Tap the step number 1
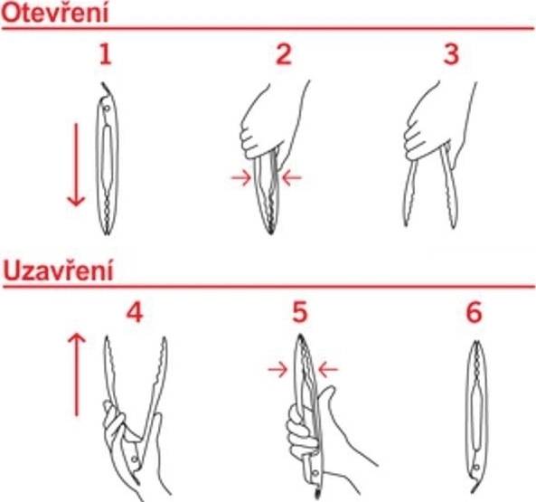click(106, 55)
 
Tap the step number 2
click(283, 55)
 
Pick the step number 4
click(135, 313)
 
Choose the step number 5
click(299, 313)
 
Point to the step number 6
click(474, 313)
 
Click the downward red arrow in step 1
click(76, 163)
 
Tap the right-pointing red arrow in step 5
click(277, 369)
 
